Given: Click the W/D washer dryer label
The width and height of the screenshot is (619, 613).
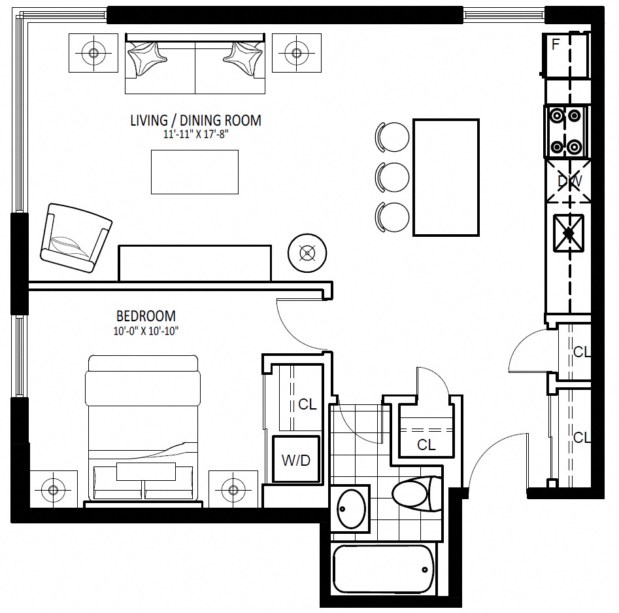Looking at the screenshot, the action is click(296, 460).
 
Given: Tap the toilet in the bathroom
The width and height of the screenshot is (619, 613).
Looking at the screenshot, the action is click(416, 493).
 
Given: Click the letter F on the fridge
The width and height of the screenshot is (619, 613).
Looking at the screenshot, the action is click(556, 44).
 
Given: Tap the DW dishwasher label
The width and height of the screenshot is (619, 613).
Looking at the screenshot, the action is click(570, 181).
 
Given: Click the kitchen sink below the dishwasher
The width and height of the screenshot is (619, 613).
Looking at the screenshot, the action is click(569, 233).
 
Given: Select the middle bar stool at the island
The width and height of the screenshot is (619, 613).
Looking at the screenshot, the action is click(392, 177).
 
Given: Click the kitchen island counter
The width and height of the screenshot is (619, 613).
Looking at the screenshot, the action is click(446, 177).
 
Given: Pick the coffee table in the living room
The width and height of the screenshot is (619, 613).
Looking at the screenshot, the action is click(195, 172).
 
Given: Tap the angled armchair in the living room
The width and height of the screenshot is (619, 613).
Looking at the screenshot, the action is click(76, 238).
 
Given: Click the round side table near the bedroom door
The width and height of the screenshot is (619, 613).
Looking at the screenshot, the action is click(307, 253).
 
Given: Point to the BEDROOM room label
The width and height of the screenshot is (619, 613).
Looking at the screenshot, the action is click(146, 316).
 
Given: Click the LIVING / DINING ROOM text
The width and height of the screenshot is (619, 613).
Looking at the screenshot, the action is click(196, 120).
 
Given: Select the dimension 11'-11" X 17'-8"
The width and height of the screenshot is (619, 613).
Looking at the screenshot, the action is click(196, 134).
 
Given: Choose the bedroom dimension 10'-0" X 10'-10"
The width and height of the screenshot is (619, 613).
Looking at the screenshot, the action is click(146, 331).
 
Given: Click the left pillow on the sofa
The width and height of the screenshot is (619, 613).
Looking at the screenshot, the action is click(147, 58).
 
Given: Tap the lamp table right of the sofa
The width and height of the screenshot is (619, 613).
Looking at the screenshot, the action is click(297, 53).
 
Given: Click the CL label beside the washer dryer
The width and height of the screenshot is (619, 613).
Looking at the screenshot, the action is click(307, 404).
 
